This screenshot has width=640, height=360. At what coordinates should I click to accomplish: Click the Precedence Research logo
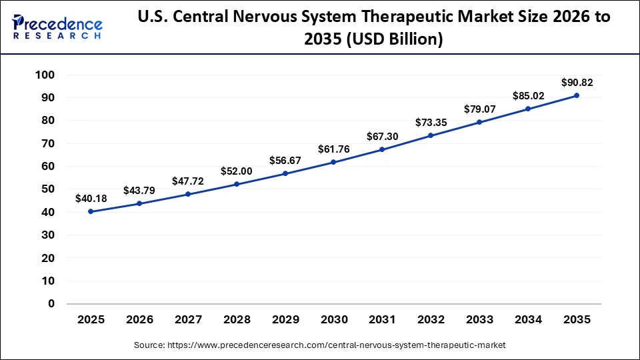[57, 27]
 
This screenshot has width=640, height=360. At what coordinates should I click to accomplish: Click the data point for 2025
[91, 211]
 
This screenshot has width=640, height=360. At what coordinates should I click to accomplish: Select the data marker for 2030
[333, 162]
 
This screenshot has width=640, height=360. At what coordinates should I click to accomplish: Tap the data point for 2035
[577, 95]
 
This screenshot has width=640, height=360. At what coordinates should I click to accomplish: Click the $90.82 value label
[577, 83]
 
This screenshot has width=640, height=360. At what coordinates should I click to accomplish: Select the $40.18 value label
[91, 198]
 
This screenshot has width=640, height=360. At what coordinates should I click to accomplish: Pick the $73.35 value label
[431, 123]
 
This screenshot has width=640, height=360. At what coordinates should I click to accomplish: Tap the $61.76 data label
[333, 149]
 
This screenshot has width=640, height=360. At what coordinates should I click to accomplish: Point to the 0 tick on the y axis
[51, 303]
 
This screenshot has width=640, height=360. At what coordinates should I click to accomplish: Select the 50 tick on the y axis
[46, 189]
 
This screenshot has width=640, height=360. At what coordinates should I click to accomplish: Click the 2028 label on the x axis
[237, 319]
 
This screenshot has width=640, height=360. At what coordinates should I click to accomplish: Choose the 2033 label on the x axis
[479, 319]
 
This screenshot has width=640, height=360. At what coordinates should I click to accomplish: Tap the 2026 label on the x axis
[139, 319]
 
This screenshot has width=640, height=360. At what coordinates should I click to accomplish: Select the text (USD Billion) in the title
[386, 40]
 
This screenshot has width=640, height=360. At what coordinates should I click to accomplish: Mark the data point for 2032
[431, 135]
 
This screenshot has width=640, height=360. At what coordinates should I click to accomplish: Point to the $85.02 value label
[528, 96]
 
